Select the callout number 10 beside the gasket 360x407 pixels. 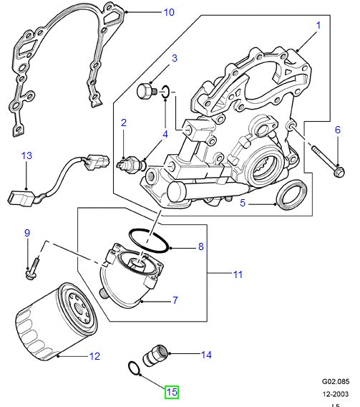click(x=168, y=12)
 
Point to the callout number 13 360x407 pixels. click(x=26, y=155)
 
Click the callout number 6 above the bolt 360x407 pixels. click(x=338, y=130)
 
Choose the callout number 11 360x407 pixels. click(x=237, y=274)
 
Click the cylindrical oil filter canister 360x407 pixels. click(x=54, y=322)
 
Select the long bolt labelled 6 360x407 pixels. click(x=326, y=161)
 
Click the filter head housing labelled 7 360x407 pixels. click(x=136, y=276)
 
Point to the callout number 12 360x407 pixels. click(x=94, y=355)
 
